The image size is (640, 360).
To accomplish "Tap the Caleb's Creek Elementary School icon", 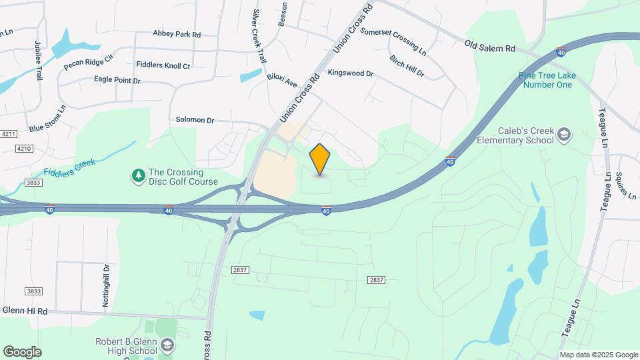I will [x=564, y=135].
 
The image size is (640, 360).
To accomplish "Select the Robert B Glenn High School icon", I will [x=167, y=345].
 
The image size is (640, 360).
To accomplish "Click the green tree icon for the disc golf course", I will [x=138, y=176].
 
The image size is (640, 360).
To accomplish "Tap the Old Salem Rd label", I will [x=490, y=47].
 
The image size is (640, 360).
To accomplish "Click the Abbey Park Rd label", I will [x=177, y=33].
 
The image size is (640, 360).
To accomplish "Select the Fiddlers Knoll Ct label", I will [x=163, y=66].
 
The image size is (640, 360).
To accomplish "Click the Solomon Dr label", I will [x=195, y=120].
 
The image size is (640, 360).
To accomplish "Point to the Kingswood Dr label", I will [x=350, y=73].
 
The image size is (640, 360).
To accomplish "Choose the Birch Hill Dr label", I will [x=407, y=66].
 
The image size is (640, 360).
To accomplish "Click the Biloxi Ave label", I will [x=282, y=79].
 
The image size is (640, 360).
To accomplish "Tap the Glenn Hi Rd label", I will [x=25, y=311].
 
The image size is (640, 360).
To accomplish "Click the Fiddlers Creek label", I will [x=70, y=167].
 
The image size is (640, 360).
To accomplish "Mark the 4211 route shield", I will [x=8, y=134].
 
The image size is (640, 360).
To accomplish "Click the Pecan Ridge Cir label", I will [x=89, y=62].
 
